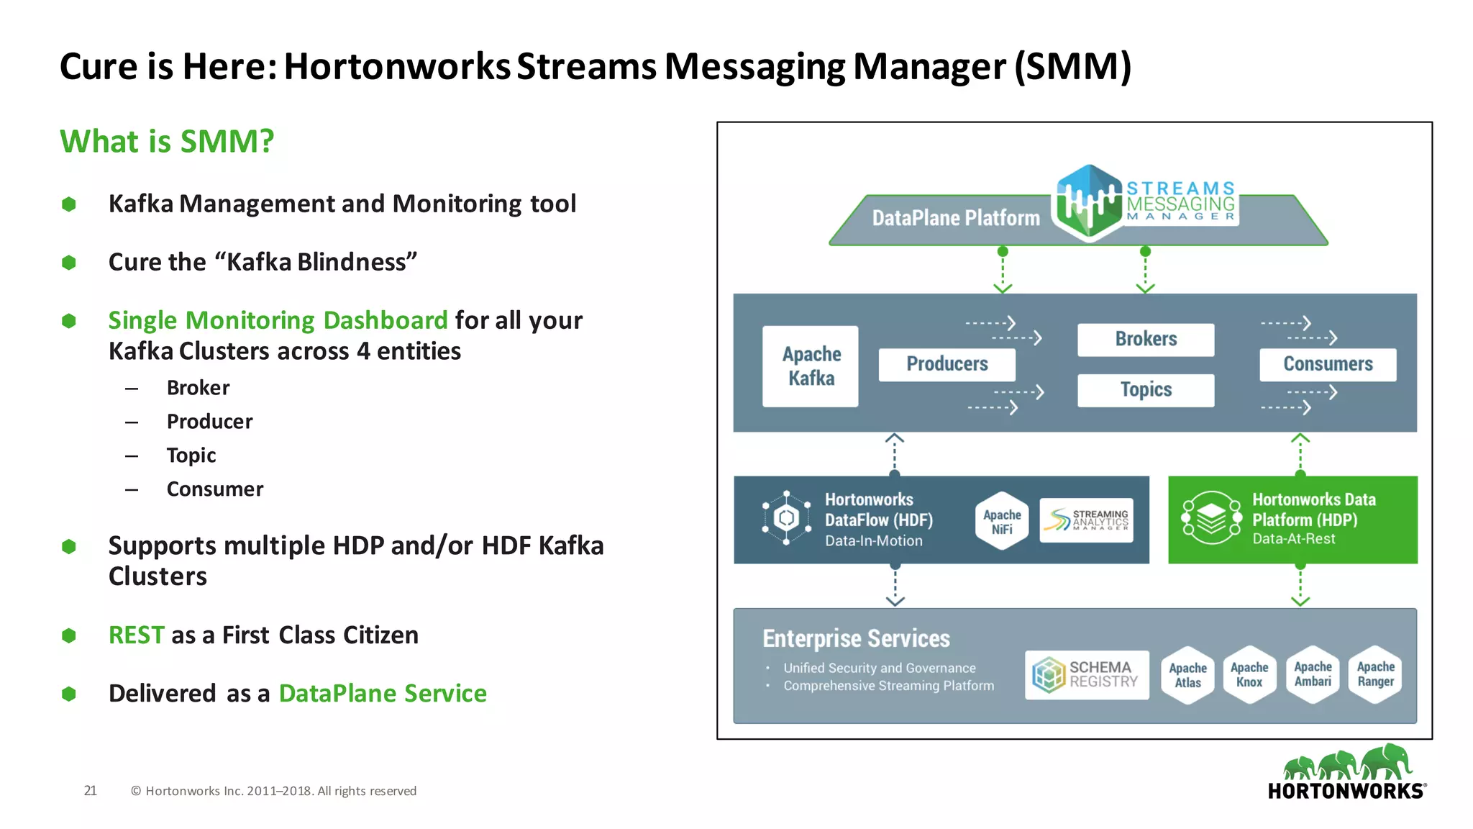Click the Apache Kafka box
click(811, 366)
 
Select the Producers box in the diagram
click(947, 364)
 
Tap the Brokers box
click(1146, 339)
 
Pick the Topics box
click(1146, 390)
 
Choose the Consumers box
click(1328, 364)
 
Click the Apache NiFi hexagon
click(1002, 522)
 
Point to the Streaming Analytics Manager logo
click(1086, 520)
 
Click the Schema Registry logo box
click(1087, 675)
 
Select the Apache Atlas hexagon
click(1187, 675)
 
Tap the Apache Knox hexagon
click(1249, 675)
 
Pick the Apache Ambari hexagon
click(1313, 674)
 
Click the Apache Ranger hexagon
click(1375, 674)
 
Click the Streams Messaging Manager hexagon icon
click(1088, 202)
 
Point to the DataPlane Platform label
click(956, 218)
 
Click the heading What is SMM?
click(167, 141)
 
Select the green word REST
click(137, 635)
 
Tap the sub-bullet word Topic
click(191, 456)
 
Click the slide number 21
click(90, 791)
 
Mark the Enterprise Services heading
click(856, 638)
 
